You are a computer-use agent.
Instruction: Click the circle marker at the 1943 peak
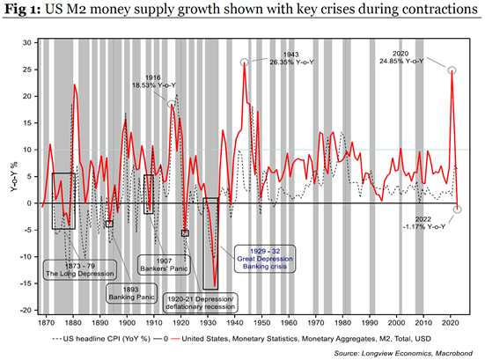pyautogui.click(x=244, y=62)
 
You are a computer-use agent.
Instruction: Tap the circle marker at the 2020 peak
pyautogui.click(x=452, y=70)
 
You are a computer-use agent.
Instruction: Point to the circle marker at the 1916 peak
pyautogui.click(x=172, y=105)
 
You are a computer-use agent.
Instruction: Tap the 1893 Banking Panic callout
pyautogui.click(x=126, y=291)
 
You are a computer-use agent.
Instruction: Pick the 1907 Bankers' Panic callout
pyautogui.click(x=159, y=265)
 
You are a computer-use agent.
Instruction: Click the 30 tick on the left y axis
pyautogui.click(x=26, y=42)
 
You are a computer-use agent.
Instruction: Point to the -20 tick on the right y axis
pyautogui.click(x=472, y=311)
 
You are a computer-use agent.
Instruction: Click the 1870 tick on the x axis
pyautogui.click(x=41, y=323)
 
